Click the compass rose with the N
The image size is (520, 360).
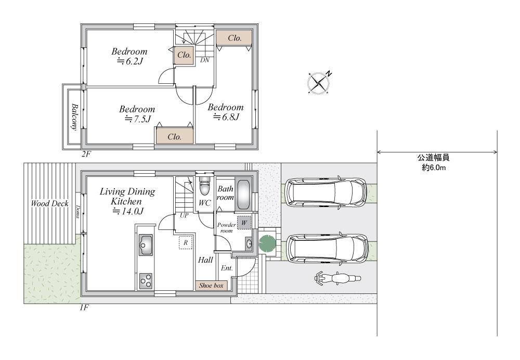318,82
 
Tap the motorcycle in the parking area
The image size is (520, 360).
337,278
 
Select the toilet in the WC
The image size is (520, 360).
204,186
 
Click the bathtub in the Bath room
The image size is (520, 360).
243,195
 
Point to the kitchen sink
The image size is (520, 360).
146,245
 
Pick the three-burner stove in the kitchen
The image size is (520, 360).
146,281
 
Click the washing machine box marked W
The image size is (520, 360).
244,223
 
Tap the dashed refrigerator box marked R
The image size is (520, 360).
186,242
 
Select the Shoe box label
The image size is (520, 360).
211,285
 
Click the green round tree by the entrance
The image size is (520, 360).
267,243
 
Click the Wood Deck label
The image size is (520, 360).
50,203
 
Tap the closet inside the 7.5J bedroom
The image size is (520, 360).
175,136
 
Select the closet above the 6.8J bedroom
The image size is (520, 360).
235,38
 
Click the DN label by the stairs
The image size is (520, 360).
204,60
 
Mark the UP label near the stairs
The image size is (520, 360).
184,215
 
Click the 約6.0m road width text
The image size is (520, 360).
434,168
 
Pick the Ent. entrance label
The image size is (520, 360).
227,268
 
